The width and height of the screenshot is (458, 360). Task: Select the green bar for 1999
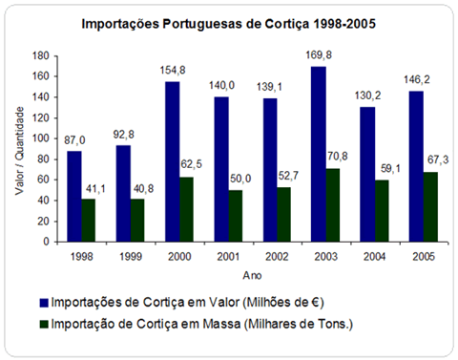(x=138, y=221)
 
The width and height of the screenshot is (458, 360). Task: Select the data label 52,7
(x=282, y=178)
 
